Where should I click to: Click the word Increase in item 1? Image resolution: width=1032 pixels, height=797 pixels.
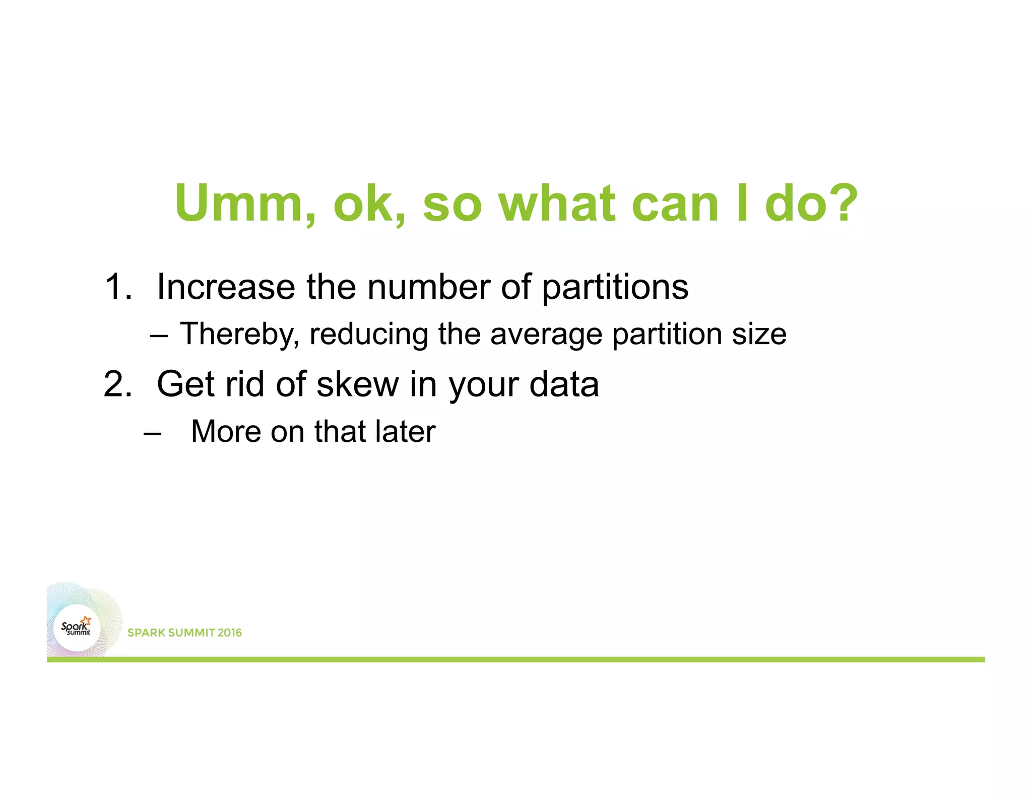(226, 287)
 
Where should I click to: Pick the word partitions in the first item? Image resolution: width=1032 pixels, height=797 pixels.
(615, 288)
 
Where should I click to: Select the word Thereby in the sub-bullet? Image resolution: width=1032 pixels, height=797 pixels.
(240, 335)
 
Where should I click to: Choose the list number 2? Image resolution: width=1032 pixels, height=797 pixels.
(118, 384)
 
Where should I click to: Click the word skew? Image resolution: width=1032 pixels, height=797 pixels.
(357, 384)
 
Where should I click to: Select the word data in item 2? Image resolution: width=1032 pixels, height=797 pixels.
(564, 384)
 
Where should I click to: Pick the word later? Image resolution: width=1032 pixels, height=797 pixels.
(406, 432)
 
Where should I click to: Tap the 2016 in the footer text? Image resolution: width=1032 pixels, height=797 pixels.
(229, 633)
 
